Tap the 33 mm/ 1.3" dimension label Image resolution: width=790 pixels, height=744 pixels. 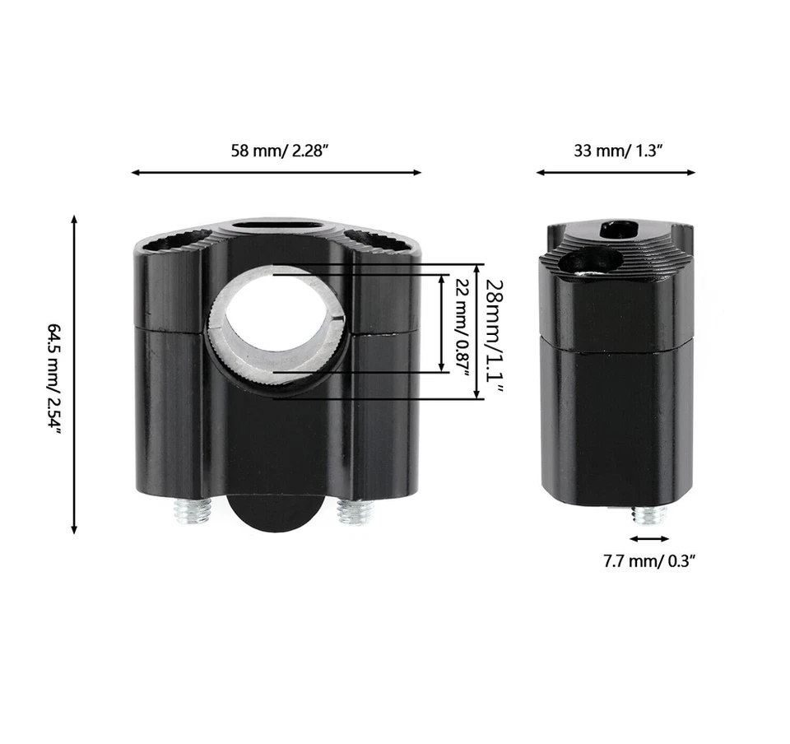[618, 151]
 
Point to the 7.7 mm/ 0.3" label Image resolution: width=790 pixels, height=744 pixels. [649, 561]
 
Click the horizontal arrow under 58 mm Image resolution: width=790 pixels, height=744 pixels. [276, 173]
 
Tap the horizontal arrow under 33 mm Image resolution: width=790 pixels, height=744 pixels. [616, 173]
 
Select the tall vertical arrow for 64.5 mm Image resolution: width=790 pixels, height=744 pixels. [75, 374]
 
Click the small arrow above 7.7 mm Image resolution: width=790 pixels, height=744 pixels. [650, 539]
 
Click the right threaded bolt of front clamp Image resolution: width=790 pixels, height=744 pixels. [355, 513]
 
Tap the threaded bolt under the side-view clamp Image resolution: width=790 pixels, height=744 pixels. [649, 516]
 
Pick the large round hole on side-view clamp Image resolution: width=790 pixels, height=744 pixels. [589, 262]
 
